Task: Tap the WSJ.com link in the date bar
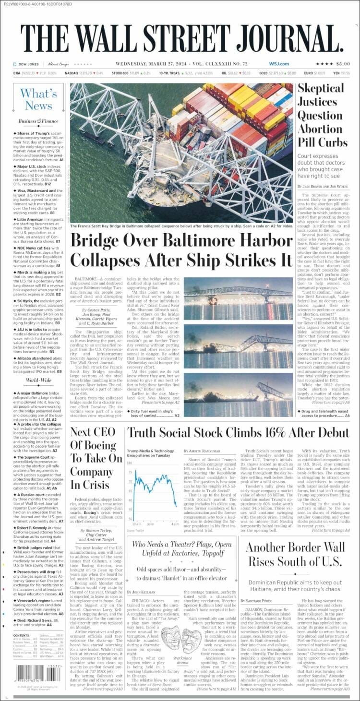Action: tap(278, 64)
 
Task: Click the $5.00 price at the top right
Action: tap(343, 64)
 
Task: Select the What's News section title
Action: tap(38, 99)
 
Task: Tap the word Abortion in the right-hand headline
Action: tap(320, 129)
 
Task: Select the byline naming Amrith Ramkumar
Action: tap(204, 451)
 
